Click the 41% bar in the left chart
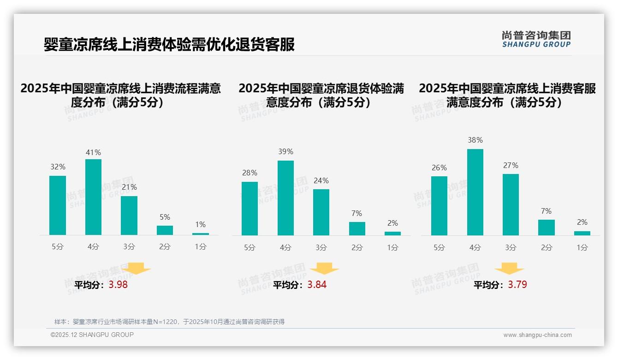click(93, 197)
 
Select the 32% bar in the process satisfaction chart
click(58, 205)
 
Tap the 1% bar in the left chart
click(200, 234)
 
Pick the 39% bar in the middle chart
click(285, 198)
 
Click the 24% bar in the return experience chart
click(321, 212)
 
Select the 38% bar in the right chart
click(475, 192)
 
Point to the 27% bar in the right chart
click(511, 204)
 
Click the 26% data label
click(439, 168)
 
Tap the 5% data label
click(165, 217)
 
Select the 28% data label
click(250, 173)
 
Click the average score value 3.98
click(118, 285)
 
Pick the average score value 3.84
click(317, 285)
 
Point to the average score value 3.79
click(517, 285)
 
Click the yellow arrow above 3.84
click(324, 269)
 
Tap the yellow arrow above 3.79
click(509, 269)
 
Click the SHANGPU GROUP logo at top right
click(536, 39)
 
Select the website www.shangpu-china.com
click(537, 335)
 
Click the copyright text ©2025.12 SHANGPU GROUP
click(92, 335)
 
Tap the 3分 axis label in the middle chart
click(321, 248)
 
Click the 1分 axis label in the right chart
click(582, 248)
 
